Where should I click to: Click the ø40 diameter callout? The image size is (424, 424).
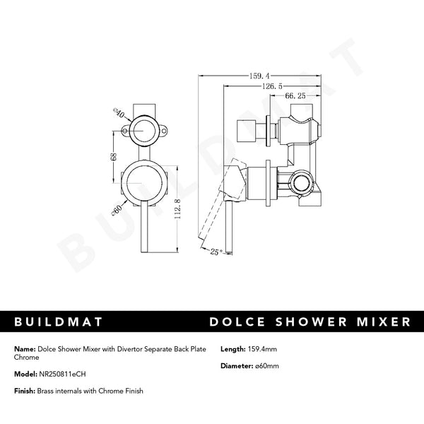click(x=118, y=112)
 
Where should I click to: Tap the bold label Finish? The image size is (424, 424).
click(x=24, y=391)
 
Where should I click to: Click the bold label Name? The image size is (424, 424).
click(x=23, y=349)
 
